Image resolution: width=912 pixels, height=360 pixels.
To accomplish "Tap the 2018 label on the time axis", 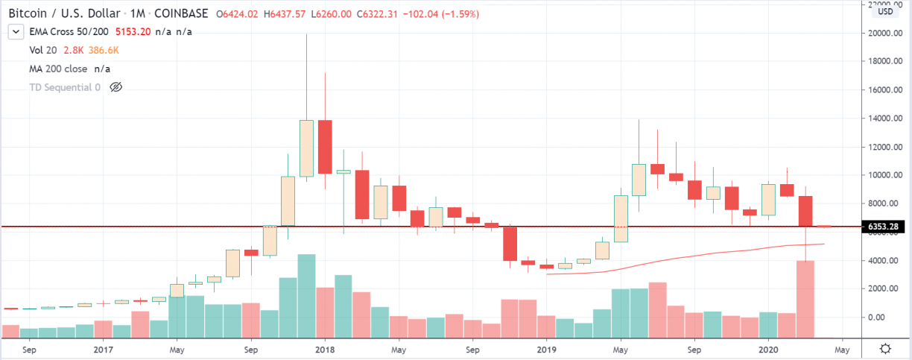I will [x=324, y=349].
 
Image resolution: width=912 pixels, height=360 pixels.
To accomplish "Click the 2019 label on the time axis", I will [x=546, y=349].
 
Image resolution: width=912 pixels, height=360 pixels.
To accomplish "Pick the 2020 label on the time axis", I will [x=768, y=349].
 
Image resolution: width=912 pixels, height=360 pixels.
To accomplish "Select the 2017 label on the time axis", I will [x=102, y=349].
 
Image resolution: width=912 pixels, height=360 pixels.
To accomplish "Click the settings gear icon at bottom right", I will [x=885, y=349].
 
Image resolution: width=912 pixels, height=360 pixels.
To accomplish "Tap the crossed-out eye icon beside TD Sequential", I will [x=115, y=87].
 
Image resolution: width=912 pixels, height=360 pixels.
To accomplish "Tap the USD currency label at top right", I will [x=885, y=11].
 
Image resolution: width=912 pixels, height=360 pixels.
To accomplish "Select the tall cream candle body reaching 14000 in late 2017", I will [x=306, y=148].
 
